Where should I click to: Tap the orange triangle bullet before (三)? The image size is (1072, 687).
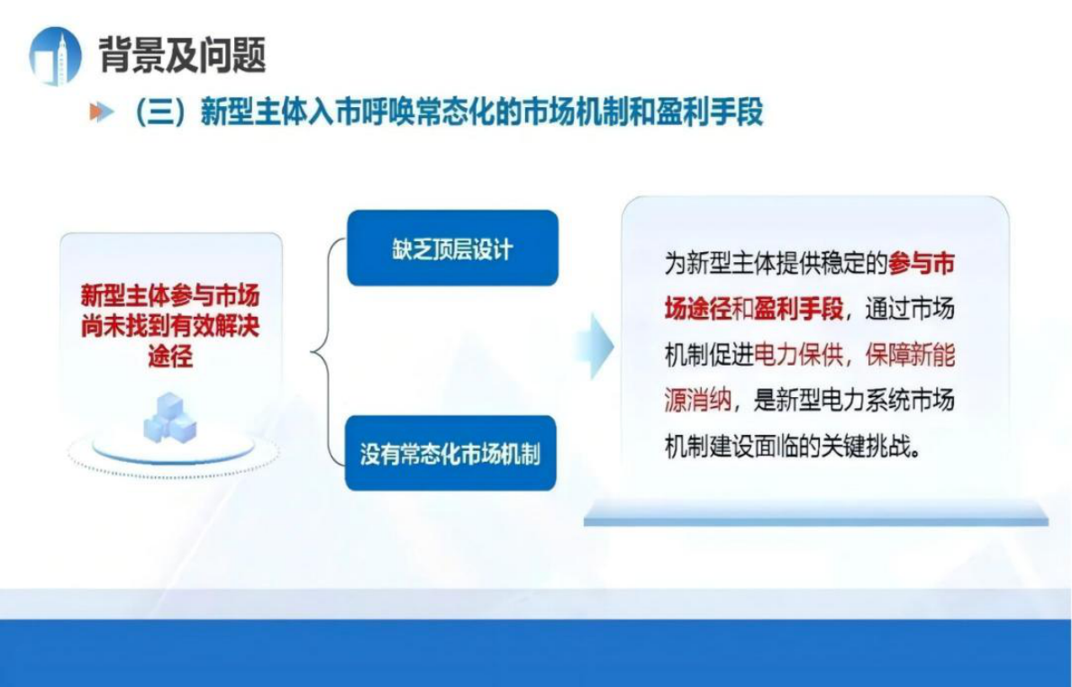tap(101, 113)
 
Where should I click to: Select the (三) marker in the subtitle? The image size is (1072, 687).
tap(163, 113)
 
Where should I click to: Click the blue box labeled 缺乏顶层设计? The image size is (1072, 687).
tap(451, 249)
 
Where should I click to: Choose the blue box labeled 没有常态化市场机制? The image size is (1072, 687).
tap(450, 453)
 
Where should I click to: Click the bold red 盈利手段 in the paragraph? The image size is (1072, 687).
tap(799, 309)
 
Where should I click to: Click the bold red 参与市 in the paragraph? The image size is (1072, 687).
tap(921, 263)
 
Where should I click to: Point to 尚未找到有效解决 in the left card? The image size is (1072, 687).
tap(170, 326)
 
